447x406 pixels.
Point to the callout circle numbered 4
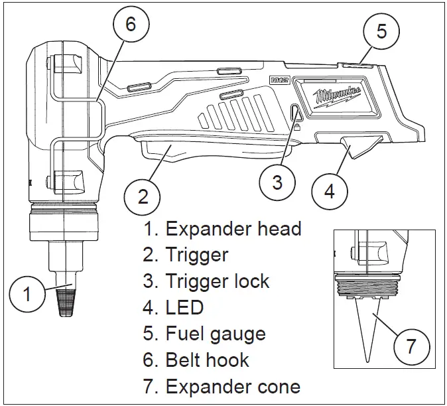point(329,191)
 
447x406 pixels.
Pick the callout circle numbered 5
point(381,31)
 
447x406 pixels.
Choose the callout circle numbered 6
point(130,24)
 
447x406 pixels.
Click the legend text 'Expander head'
point(233,229)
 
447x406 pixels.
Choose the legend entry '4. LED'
point(173,307)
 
